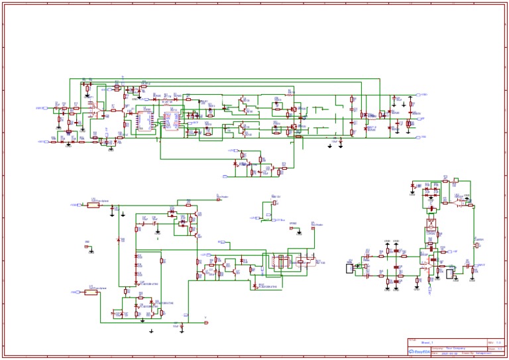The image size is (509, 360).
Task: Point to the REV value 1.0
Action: pos(498,342)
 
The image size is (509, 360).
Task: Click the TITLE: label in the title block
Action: pos(413,339)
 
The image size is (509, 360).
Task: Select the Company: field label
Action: pos(437,347)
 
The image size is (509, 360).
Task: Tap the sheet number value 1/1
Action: pos(500,347)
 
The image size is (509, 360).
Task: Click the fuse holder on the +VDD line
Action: pos(93,205)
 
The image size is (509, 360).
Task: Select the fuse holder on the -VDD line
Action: pos(91,292)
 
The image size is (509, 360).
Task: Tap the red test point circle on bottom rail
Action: pos(205,324)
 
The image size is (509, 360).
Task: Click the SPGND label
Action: pos(293,224)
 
